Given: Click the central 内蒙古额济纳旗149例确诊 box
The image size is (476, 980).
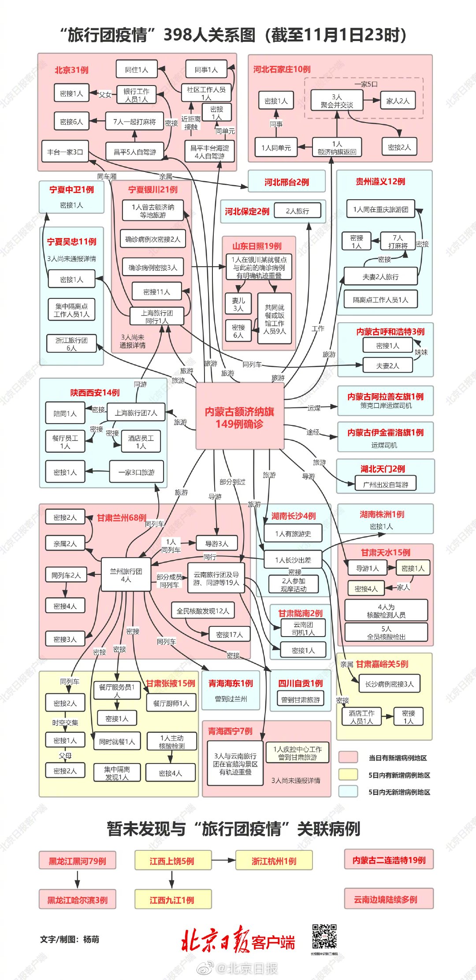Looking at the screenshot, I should pos(239,417).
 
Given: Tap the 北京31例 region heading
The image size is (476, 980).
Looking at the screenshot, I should pos(71,70).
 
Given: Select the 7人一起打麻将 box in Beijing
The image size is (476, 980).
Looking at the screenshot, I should pos(134,122).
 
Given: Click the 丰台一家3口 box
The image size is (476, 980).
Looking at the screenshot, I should pos(65,152).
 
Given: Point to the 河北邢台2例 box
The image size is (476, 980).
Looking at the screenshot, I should pos(286,182).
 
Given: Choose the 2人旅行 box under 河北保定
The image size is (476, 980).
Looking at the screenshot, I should pos(297,211).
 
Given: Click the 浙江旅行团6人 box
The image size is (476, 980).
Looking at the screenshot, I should pos(71,344).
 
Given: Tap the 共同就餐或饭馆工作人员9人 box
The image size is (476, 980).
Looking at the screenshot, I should pos(275,319).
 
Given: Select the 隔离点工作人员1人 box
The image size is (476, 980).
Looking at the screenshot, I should pos(380,300).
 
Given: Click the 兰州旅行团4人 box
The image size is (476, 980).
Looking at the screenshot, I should pos(126,575).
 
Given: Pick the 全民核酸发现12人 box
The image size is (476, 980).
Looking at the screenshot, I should pos(203,611).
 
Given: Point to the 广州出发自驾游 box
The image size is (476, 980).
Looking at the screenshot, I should pos(386,484).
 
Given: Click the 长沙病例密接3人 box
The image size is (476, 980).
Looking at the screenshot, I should pos(389,684).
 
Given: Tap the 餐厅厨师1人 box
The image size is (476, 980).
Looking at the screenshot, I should pos(171,703).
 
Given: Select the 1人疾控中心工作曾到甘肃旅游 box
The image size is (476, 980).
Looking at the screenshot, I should pos(297,753).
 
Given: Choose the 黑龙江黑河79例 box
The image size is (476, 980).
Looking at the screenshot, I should pos(77,861).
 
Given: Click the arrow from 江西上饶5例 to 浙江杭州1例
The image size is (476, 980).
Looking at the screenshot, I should pos(223,860).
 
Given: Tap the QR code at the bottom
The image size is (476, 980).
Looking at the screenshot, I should pos(324,936).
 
